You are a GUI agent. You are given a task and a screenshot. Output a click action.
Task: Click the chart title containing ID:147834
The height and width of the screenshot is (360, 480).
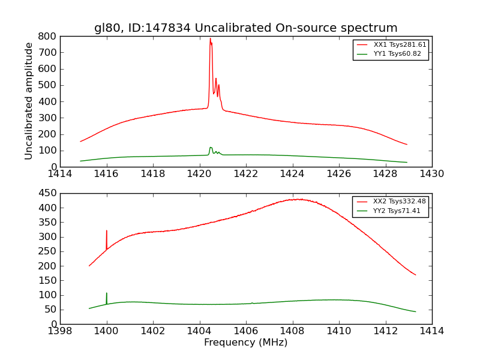245,28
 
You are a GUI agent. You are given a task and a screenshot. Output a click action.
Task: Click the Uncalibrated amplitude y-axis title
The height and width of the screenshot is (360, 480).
29,101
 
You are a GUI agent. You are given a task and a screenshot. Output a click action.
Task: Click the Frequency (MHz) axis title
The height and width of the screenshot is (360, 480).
245,343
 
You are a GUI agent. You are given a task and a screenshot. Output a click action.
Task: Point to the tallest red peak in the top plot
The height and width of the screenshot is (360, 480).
210,39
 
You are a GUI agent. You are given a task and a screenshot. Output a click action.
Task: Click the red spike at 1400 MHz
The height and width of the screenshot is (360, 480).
107,232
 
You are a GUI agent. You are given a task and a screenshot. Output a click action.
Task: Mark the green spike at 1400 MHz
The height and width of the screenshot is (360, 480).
107,294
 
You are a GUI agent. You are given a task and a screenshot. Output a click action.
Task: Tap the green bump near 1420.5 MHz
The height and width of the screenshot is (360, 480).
211,148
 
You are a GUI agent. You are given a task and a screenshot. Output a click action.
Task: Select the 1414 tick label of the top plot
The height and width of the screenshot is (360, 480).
60,174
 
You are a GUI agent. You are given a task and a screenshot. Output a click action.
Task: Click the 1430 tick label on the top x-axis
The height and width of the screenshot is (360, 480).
431,174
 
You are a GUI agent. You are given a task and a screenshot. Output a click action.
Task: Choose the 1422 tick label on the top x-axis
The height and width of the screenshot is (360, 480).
246,174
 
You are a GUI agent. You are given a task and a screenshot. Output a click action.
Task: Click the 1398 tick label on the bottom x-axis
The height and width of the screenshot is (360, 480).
60,331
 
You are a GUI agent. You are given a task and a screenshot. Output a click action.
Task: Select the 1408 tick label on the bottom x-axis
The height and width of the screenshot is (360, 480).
292,331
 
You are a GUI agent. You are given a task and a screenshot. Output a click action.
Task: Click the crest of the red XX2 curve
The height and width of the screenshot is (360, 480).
298,199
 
